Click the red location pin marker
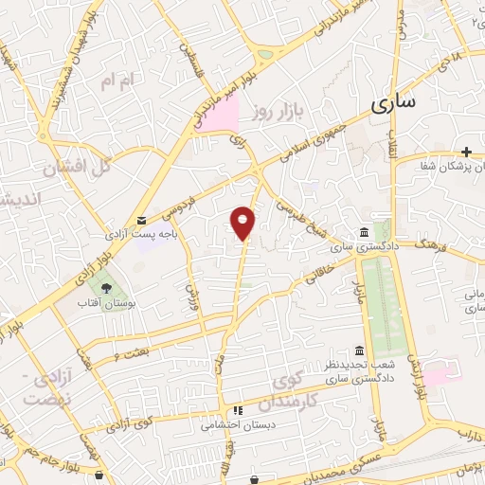[243, 223]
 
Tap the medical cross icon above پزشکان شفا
[466, 152]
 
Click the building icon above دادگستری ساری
[364, 233]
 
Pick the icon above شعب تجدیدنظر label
[358, 350]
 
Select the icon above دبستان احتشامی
[238, 411]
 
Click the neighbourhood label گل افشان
[78, 166]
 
